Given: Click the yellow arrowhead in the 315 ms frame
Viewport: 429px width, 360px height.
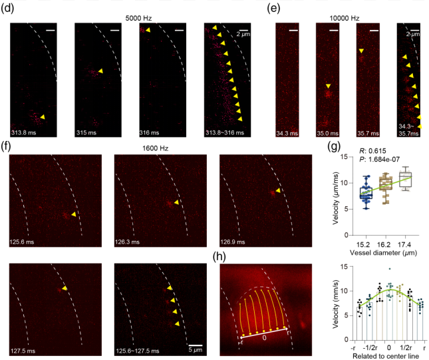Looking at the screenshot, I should pos(100,71).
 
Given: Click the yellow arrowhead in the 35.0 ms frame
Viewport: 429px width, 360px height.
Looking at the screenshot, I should pos(328,85).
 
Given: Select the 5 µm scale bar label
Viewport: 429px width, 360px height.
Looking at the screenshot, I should pos(194,349).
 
